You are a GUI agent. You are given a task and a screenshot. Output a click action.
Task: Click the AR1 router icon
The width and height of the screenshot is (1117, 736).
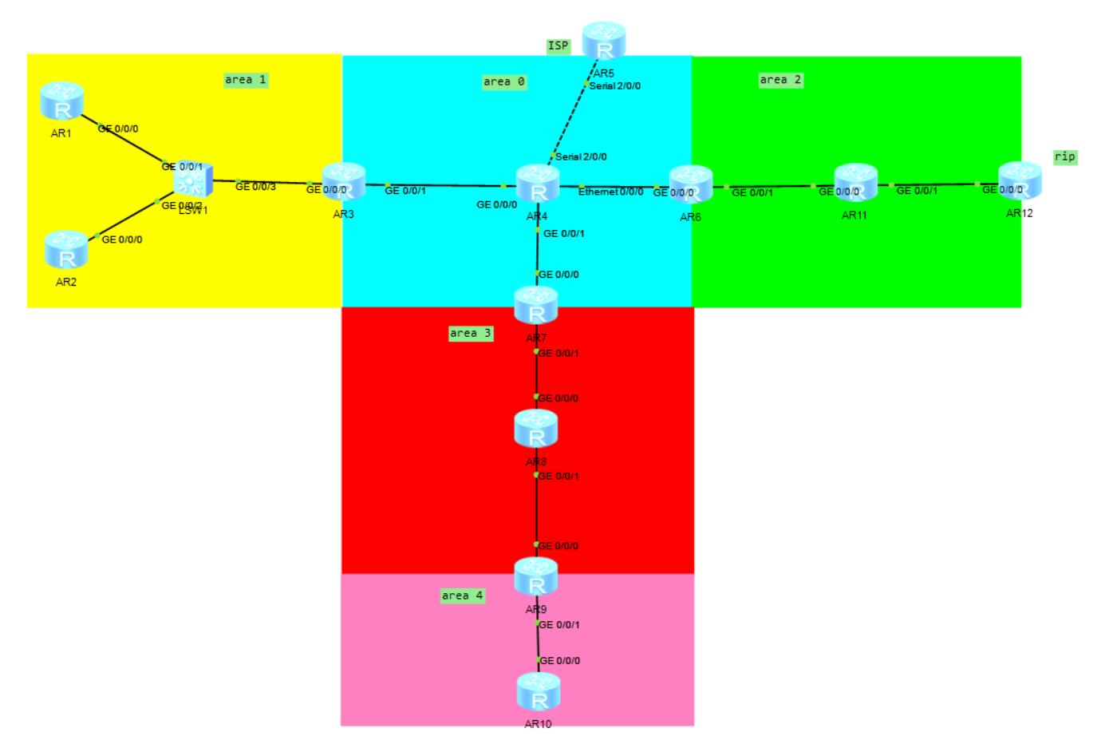tap(62, 101)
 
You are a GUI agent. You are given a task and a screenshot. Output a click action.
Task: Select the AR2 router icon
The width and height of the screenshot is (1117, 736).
tap(66, 250)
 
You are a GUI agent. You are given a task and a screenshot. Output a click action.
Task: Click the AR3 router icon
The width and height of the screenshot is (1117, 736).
tap(344, 182)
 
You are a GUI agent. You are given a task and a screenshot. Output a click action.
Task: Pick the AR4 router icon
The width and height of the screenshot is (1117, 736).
tap(538, 184)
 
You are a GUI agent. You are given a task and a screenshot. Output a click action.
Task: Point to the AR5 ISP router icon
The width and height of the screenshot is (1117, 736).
tap(604, 41)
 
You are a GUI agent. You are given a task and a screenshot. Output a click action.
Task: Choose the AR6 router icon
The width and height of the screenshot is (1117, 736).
tap(691, 184)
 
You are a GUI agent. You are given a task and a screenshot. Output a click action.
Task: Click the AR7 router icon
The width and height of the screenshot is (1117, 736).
tap(536, 306)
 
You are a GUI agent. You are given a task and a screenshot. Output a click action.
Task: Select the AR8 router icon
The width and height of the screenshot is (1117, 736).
tap(536, 429)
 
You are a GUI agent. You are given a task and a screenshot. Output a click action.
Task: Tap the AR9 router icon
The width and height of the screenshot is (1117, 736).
tap(536, 576)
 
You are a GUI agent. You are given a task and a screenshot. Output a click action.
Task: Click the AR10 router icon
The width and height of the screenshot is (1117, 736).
tap(539, 691)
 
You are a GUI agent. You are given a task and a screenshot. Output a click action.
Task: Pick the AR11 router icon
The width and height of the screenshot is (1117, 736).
tap(855, 183)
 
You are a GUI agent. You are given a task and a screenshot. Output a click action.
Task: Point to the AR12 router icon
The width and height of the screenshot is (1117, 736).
tap(1020, 181)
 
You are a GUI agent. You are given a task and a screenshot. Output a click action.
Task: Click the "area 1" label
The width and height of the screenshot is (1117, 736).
tap(246, 80)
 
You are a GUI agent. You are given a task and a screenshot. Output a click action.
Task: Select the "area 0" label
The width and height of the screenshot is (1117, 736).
tap(504, 81)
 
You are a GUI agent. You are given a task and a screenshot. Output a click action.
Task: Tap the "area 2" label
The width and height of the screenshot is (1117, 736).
tap(780, 80)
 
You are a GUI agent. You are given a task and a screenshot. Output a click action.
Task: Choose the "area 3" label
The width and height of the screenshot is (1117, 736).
tap(471, 333)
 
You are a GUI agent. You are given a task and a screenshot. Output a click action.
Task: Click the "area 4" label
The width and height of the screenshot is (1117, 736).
tap(463, 596)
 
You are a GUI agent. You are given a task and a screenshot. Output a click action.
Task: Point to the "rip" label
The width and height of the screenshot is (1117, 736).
tap(1065, 156)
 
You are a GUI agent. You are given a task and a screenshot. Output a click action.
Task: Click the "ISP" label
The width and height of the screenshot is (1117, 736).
tap(558, 46)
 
